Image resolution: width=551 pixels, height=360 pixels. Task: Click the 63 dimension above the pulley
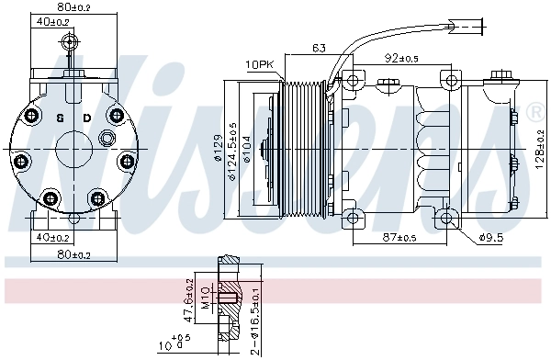(319, 49)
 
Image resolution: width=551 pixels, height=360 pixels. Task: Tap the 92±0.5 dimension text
(403, 58)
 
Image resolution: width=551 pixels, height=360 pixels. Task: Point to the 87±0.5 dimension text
(398, 238)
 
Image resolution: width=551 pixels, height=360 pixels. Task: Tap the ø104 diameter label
(248, 152)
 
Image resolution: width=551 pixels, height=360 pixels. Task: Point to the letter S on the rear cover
(60, 118)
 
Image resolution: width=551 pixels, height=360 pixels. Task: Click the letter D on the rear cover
(87, 118)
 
